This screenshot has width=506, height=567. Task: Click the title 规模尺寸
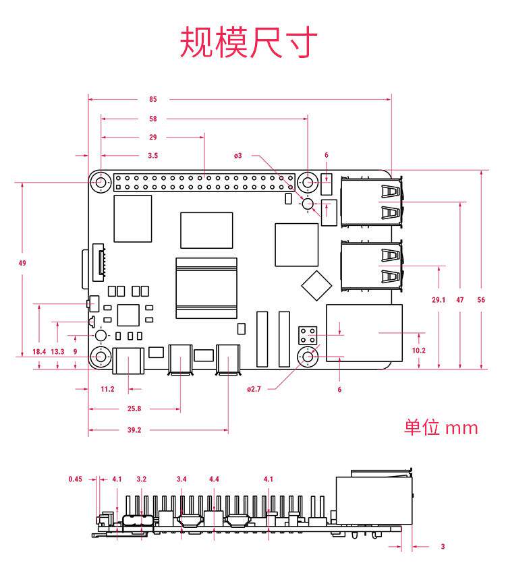click(248, 42)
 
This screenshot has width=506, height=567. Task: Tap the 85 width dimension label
click(153, 99)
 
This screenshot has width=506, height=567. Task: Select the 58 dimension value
click(153, 118)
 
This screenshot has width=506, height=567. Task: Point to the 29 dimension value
click(153, 137)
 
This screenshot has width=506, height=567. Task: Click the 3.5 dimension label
click(153, 156)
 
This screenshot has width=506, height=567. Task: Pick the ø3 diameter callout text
click(238, 156)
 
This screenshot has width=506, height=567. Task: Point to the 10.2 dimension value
click(418, 350)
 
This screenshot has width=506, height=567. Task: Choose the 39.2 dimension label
click(134, 429)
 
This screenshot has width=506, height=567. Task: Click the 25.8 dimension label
click(134, 409)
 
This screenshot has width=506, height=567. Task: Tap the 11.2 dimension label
click(107, 389)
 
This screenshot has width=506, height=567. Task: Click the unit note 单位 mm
click(441, 427)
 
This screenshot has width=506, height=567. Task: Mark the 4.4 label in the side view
click(214, 479)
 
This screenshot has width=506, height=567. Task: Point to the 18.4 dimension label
click(39, 351)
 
